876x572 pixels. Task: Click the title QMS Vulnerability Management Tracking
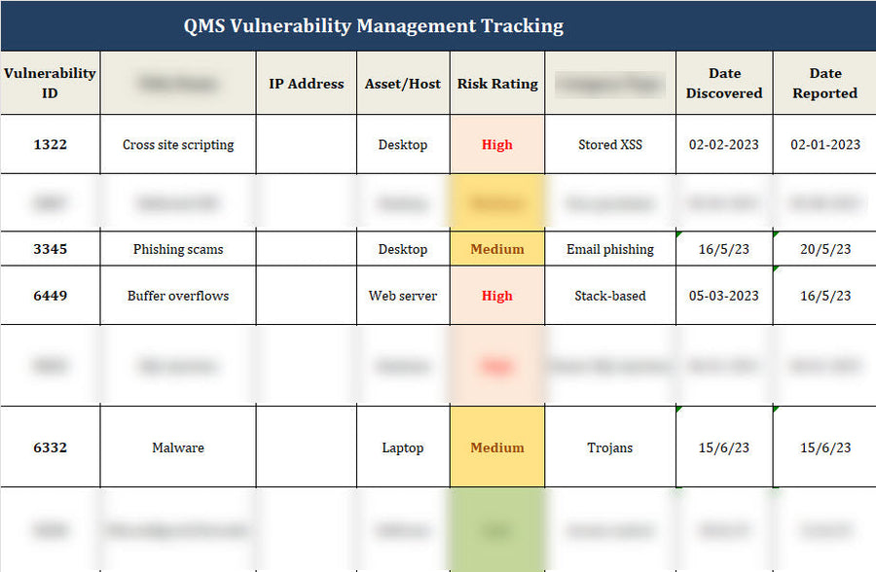[x=374, y=25]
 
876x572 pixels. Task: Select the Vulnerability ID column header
[x=50, y=83]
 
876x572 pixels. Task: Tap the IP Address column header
[x=306, y=84]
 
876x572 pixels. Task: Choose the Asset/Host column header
[x=403, y=84]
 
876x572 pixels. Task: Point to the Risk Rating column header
[x=497, y=84]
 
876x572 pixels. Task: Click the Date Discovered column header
[x=724, y=83]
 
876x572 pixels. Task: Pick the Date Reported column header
[x=824, y=83]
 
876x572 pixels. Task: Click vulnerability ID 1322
[x=50, y=144]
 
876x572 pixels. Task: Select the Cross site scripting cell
[x=178, y=144]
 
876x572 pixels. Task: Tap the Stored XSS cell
[x=610, y=144]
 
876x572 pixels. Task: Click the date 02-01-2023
[x=824, y=144]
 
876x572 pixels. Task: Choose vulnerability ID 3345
[x=50, y=249]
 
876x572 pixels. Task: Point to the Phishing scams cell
[x=178, y=249]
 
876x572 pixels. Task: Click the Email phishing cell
[x=610, y=249]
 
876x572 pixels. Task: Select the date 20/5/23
[x=824, y=249]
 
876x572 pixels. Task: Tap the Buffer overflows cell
[x=178, y=296]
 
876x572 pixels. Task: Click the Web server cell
[x=403, y=296]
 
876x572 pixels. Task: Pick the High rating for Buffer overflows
[x=497, y=296]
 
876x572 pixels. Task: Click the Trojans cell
[x=610, y=447]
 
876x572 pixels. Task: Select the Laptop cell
[x=403, y=447]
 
